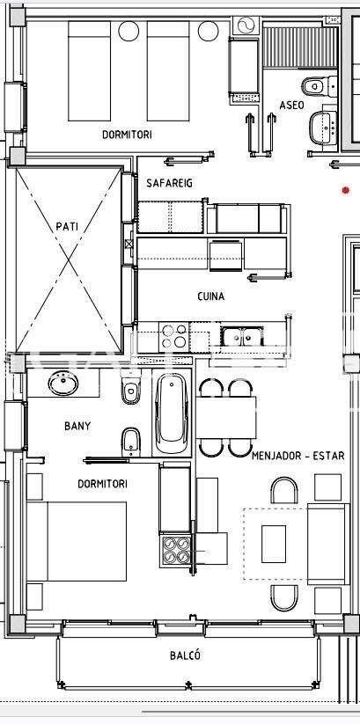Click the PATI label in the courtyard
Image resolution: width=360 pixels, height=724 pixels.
67,227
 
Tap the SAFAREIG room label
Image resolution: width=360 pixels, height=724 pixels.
169,183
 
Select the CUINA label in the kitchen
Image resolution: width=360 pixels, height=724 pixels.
210,296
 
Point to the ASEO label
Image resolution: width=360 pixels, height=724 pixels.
291,106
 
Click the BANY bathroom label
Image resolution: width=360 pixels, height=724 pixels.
77,426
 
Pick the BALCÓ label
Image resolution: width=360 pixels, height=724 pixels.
185,655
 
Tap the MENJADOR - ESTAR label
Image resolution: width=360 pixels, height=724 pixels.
298,456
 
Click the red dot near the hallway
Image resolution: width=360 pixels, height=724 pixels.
346,190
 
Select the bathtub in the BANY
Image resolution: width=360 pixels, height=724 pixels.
172,413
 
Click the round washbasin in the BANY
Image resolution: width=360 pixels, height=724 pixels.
63,384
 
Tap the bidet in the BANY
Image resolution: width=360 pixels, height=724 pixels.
131,442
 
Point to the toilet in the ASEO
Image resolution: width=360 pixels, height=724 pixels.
320,86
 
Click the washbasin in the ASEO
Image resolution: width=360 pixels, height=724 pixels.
324,128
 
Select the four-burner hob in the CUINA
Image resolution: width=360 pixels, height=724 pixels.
174,336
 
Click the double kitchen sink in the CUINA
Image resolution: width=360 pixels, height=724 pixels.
242,336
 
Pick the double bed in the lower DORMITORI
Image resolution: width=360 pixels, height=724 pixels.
77,541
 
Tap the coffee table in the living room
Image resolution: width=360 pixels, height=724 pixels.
274,544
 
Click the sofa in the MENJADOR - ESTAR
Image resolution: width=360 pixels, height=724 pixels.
328,544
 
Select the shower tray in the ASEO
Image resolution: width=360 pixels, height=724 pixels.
300,48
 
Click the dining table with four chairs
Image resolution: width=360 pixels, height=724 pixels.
226,417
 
